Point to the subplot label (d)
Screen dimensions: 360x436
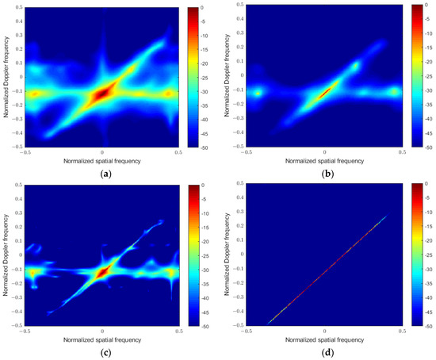pos(323,353)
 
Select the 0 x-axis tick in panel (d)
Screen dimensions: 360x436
pos(324,331)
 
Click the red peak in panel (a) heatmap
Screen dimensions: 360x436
pos(101,94)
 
